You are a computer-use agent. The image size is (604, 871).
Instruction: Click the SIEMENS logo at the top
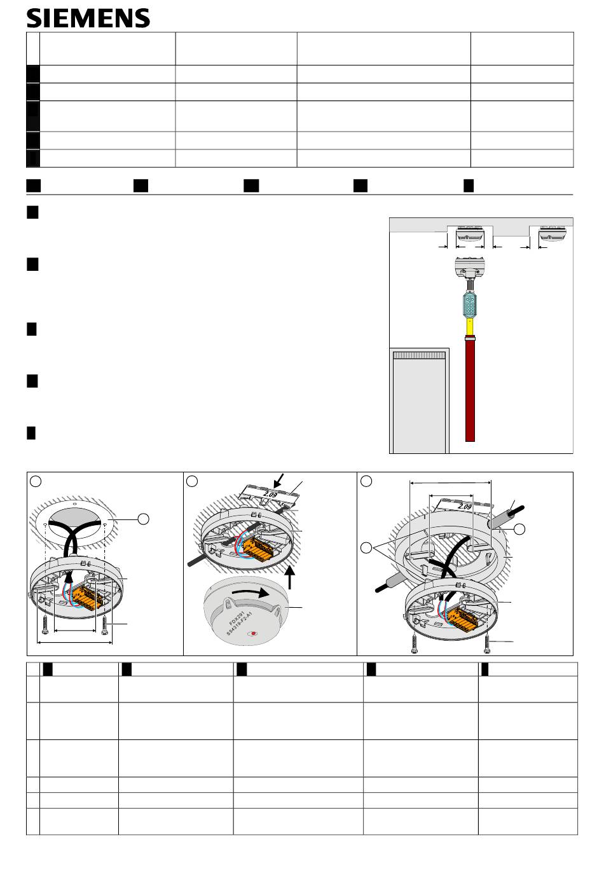click(88, 18)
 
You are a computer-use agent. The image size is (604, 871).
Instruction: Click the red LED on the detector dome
click(254, 633)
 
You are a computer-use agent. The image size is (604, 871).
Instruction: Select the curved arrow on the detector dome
click(251, 593)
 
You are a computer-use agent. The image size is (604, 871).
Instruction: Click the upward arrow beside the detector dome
click(290, 577)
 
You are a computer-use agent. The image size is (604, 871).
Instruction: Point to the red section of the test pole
click(470, 389)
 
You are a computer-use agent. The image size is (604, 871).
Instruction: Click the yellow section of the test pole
click(470, 327)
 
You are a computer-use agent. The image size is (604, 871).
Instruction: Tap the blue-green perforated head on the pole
click(470, 305)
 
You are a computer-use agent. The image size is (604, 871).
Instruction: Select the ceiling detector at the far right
click(553, 233)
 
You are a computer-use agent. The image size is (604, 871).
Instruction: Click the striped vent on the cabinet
click(419, 355)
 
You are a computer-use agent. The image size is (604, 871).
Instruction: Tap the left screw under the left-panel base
click(45, 625)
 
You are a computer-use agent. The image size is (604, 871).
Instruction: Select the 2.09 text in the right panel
click(464, 506)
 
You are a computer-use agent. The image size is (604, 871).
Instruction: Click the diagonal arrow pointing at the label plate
click(278, 481)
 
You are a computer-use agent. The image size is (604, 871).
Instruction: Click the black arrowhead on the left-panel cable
click(69, 578)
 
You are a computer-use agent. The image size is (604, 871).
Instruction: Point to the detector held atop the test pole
click(470, 268)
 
